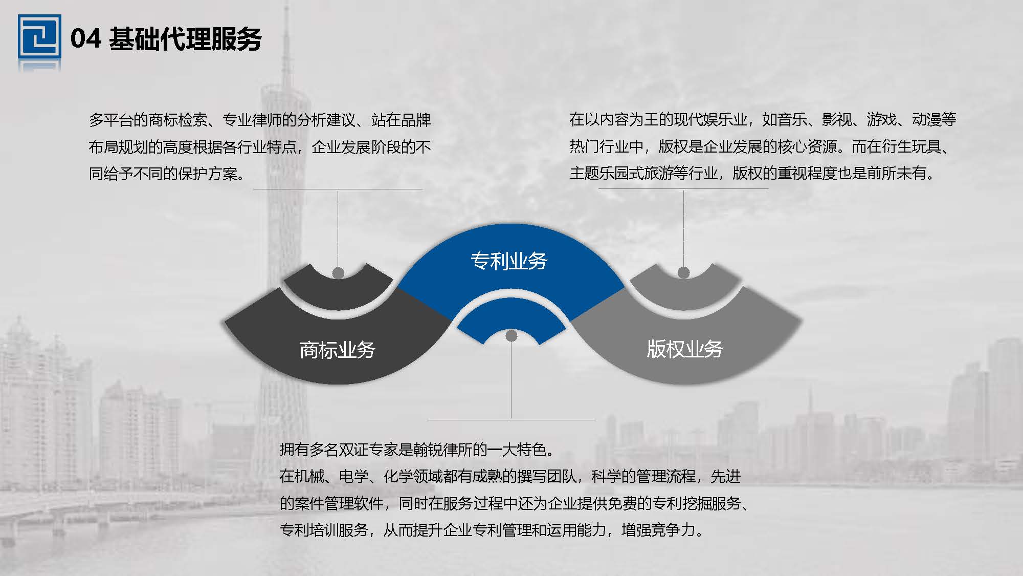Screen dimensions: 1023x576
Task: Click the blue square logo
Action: (39, 37)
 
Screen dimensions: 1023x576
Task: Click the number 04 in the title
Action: (85, 39)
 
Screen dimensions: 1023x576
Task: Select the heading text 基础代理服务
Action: (185, 39)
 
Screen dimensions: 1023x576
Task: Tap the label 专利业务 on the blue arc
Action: (509, 261)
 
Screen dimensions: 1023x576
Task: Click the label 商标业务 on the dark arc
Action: (337, 350)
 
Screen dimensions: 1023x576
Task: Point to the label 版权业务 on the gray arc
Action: (685, 349)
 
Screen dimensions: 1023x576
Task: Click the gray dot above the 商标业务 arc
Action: (338, 273)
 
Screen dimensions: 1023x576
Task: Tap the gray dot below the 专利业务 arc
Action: (511, 336)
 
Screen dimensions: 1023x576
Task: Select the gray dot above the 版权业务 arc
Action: (683, 272)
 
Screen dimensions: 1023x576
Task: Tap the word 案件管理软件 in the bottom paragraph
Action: (339, 503)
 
